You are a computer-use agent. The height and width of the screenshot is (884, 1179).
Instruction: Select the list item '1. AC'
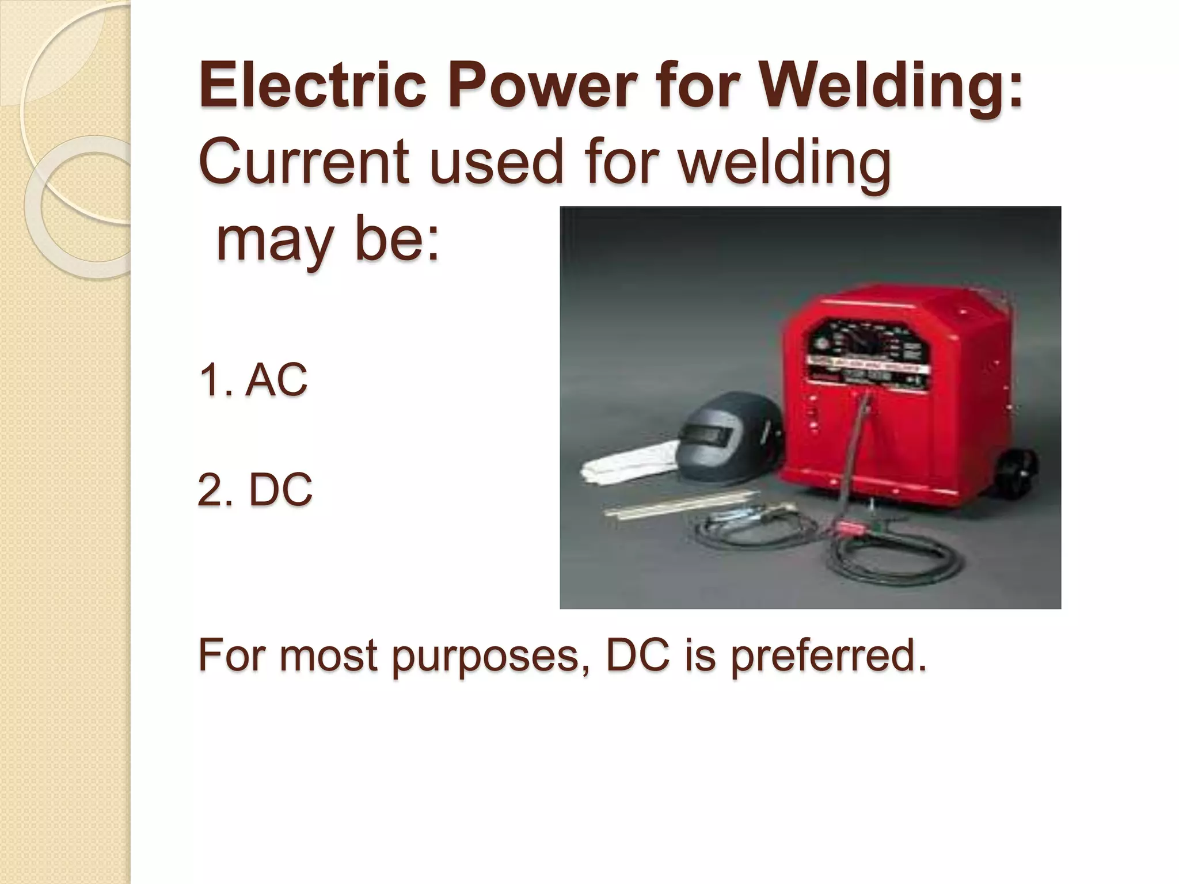tap(253, 380)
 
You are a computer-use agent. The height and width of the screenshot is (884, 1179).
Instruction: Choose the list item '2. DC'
tap(255, 490)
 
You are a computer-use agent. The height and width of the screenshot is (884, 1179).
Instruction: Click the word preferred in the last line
tap(829, 656)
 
